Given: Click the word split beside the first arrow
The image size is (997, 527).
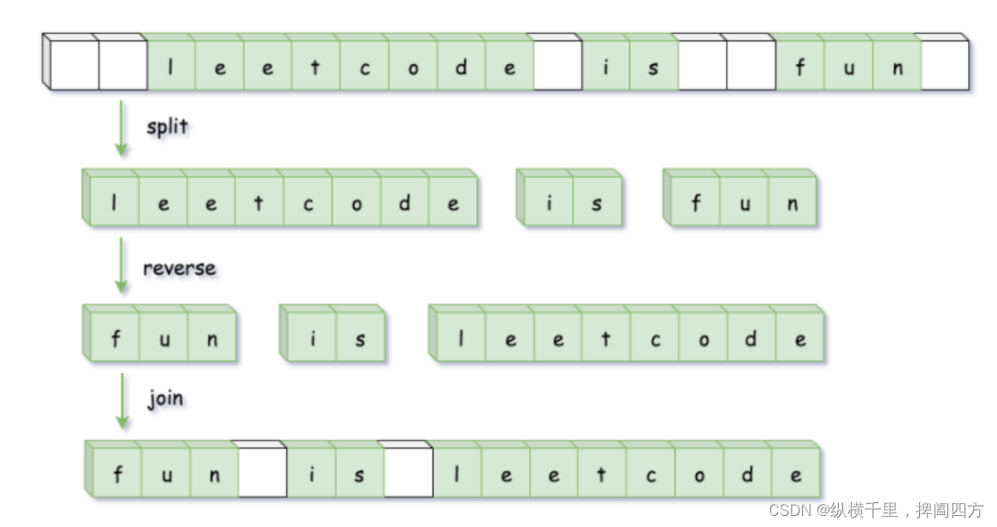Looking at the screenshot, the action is click(167, 127).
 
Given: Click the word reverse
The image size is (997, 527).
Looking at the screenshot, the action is click(179, 268).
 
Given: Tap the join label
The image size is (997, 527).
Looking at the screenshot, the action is click(165, 399).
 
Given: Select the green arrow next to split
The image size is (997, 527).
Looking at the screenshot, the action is click(121, 128).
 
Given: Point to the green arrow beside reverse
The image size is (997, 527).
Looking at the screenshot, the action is click(121, 266).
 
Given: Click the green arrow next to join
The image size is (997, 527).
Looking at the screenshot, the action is click(121, 400).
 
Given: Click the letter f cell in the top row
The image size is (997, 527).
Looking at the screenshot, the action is click(800, 67).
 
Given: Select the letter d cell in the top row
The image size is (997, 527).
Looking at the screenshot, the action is click(462, 67).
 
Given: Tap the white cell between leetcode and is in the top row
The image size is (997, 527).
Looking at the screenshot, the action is click(558, 67).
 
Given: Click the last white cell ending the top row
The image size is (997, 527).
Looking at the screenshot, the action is click(946, 67).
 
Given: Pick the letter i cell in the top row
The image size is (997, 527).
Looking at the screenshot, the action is click(606, 67).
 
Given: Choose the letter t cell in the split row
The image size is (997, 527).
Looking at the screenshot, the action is click(259, 203).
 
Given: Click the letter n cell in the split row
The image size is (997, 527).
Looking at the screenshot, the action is click(793, 203).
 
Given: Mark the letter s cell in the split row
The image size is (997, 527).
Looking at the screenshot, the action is click(596, 203).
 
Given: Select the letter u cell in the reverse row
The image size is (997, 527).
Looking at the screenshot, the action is click(164, 339).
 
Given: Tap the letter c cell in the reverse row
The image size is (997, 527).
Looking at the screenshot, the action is click(656, 339).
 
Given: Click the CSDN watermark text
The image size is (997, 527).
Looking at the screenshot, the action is click(876, 511).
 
